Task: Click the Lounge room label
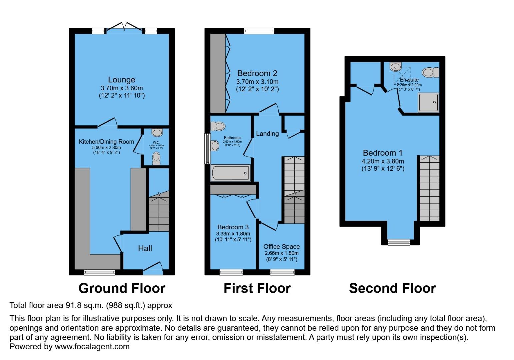pos(121,80)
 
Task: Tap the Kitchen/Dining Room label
pos(106,142)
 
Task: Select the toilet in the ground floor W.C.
pos(156,159)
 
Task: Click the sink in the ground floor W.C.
pos(157,133)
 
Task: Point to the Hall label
pos(145,248)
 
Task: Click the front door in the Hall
pos(153,268)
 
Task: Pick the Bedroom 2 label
pos(257,73)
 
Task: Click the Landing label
pos(267,134)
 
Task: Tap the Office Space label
pos(281,247)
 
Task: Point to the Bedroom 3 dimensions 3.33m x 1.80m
pos(233,234)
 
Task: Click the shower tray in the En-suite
pos(428,102)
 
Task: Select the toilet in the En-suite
pos(430,72)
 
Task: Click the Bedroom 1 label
pos(383,153)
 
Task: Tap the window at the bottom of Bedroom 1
pos(399,242)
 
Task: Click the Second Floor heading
pos(392,288)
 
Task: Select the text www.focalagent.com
pos(92,347)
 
